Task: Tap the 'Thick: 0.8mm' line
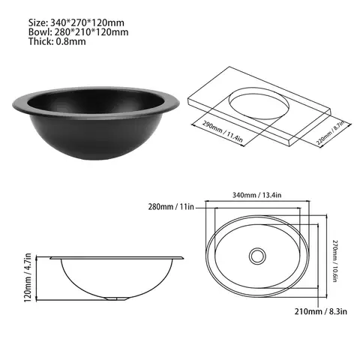point(50,42)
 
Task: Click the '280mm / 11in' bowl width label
point(172,205)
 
